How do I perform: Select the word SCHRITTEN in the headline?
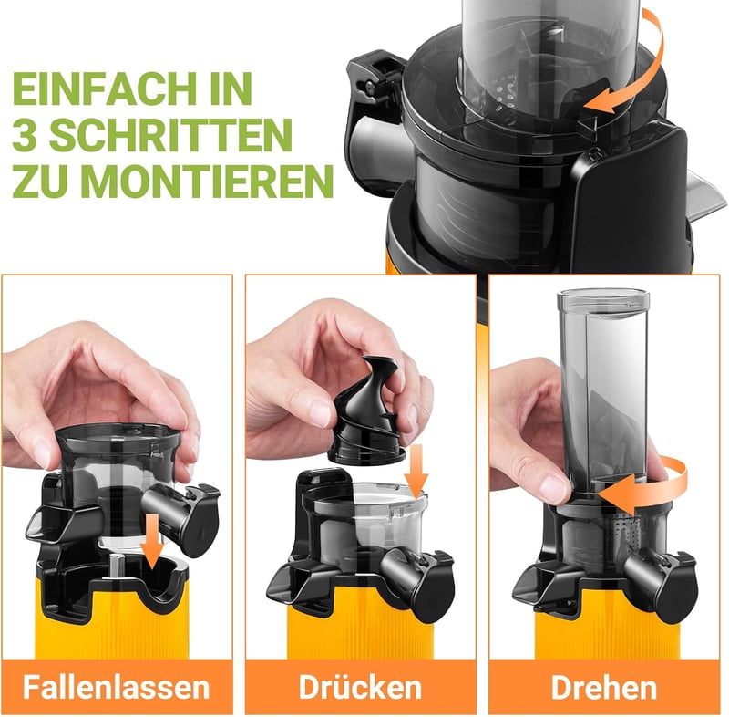[x=170, y=134]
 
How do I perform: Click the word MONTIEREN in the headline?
[x=207, y=180]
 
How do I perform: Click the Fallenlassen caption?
[x=117, y=687]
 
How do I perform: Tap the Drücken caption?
[x=360, y=687]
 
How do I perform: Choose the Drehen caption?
[x=604, y=687]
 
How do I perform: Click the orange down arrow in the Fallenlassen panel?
[x=152, y=541]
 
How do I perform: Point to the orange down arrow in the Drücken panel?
[x=416, y=470]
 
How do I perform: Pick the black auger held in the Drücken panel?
[x=367, y=411]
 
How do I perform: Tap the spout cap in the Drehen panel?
[x=680, y=583]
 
